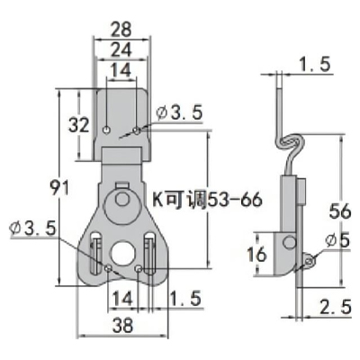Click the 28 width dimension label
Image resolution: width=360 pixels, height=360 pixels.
pyautogui.click(x=121, y=30)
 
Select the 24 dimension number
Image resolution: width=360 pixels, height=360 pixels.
pyautogui.click(x=121, y=49)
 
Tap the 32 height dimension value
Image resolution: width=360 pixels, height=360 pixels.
pyautogui.click(x=79, y=125)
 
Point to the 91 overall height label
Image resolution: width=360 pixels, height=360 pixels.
pyautogui.click(x=59, y=187)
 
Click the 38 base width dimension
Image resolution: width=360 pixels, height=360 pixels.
pyautogui.click(x=123, y=325)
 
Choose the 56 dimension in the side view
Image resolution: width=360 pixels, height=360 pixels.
pyautogui.click(x=340, y=211)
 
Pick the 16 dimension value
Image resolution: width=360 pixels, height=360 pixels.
pyautogui.click(x=256, y=254)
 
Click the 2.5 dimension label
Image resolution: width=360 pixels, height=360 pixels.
pyautogui.click(x=336, y=308)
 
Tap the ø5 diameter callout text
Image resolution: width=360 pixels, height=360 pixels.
pyautogui.click(x=337, y=241)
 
